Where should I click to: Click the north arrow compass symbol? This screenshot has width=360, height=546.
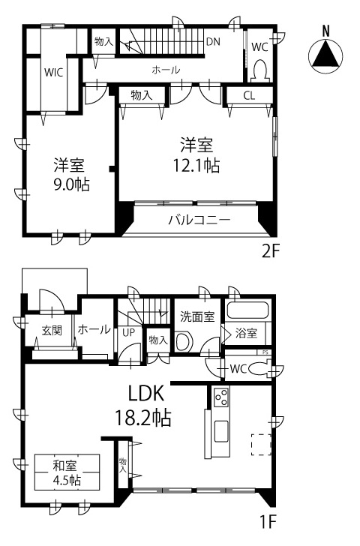coord(325,53)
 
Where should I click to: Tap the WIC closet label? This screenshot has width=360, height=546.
coord(52,73)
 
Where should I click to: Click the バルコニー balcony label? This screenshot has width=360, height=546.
coord(199,220)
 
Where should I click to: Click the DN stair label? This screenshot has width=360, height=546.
coord(213,42)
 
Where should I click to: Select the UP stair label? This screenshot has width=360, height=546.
coord(128,331)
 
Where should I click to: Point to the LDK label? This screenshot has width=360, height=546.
coord(145,393)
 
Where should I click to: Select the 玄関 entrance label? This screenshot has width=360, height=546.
coord(51,330)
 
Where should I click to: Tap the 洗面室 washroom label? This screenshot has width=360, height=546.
coord(198,317)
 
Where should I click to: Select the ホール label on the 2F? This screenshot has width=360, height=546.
coord(166,70)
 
